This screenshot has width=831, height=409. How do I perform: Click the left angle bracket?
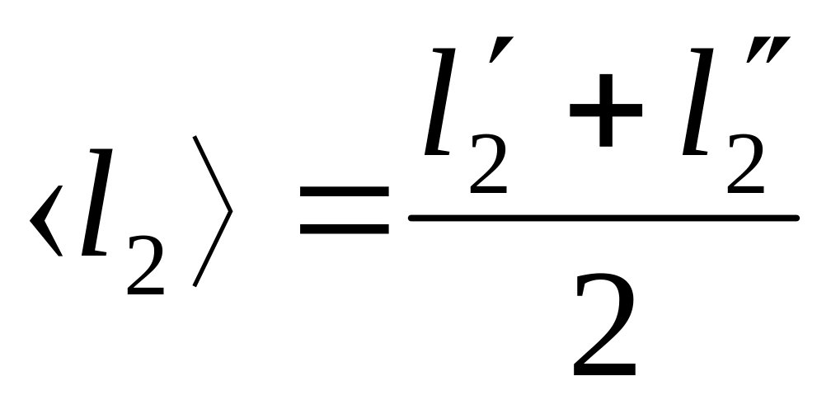coord(46,221)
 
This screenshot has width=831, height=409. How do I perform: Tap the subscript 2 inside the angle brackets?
coord(147,270)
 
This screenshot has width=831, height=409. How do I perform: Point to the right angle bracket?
coord(212,211)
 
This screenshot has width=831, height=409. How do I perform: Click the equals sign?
coord(344,209)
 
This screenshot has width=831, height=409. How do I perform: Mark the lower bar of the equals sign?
coord(344,228)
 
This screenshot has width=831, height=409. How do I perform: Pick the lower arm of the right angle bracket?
coord(212,252)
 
